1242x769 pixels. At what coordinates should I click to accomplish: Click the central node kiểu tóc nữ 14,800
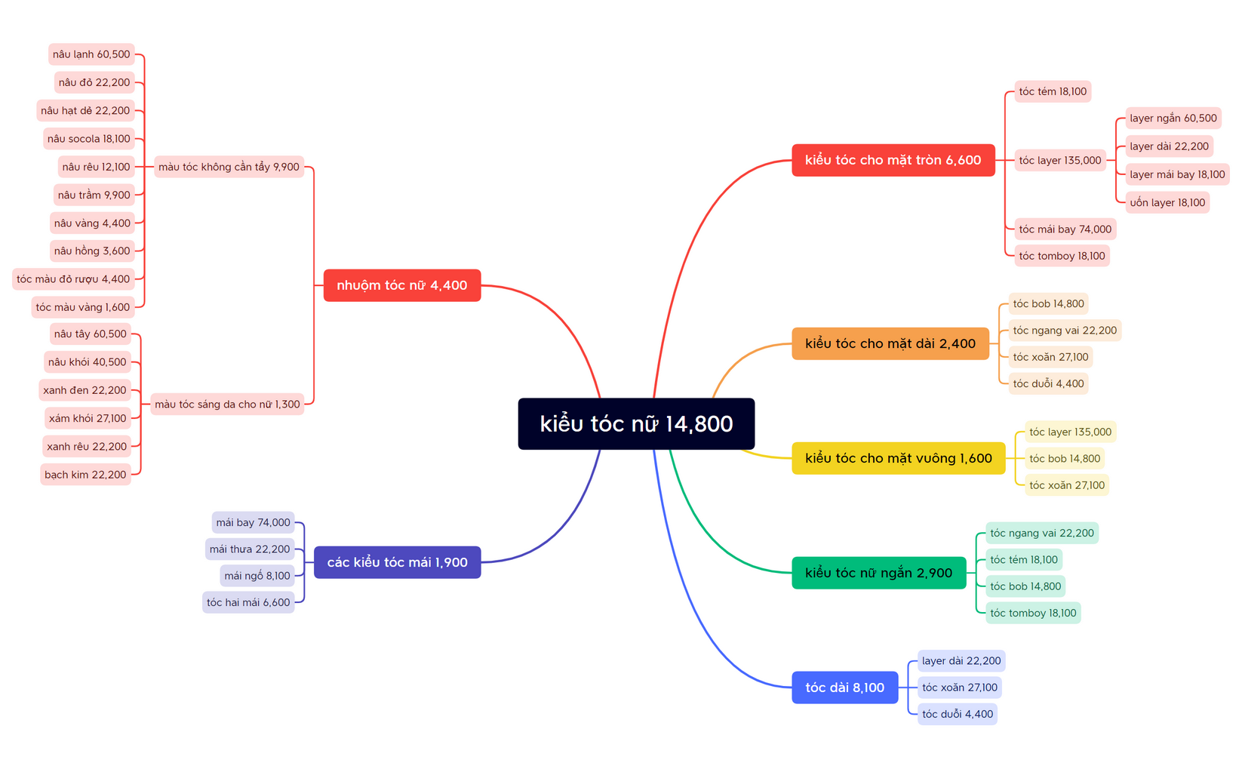636,423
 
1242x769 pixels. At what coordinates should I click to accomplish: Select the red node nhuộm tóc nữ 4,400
402,285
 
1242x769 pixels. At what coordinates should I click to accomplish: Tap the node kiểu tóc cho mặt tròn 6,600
893,160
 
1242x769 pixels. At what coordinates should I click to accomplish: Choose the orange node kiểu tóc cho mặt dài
890,343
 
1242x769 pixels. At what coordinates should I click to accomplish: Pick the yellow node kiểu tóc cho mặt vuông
898,458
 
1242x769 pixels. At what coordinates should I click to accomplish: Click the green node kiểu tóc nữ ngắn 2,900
879,573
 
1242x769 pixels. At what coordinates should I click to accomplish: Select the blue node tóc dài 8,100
845,687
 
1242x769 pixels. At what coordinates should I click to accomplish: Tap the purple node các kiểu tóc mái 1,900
397,562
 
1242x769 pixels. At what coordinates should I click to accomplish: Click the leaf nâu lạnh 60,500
91,54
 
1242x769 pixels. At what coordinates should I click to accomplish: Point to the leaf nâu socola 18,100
89,139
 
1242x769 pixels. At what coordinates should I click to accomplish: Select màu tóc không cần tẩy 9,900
229,167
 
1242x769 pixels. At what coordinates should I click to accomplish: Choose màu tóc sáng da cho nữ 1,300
227,404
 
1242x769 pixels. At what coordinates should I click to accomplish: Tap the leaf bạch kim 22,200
85,475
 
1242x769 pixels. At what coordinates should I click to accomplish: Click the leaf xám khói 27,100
88,418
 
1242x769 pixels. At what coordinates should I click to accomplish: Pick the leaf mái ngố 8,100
257,576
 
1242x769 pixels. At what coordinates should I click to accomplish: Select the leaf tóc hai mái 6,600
248,602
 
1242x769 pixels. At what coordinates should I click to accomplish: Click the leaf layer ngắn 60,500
1173,118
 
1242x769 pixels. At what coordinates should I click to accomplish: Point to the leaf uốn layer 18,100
1168,202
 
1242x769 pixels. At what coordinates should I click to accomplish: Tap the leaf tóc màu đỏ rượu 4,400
73,279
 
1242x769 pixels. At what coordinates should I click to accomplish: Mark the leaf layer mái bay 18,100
1178,174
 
